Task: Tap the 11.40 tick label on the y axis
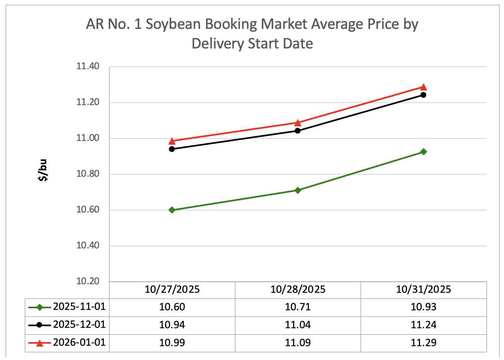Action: click(x=88, y=67)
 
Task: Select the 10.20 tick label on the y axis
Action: click(x=88, y=282)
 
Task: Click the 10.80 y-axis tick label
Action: click(x=88, y=174)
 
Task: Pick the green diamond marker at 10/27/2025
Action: click(x=172, y=210)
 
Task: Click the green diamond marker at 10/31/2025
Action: click(x=423, y=152)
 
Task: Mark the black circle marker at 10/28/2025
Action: click(x=298, y=131)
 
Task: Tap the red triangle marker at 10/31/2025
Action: click(x=423, y=87)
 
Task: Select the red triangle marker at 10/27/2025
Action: click(x=172, y=141)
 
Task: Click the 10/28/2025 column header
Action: click(x=298, y=290)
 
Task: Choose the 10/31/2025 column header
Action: click(x=423, y=290)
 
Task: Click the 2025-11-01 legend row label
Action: click(x=79, y=307)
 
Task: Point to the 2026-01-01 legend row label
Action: click(x=79, y=342)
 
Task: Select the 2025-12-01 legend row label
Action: click(x=79, y=325)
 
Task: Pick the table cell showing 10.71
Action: click(x=298, y=307)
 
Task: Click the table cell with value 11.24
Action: click(x=423, y=325)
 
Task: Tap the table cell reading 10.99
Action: click(x=172, y=343)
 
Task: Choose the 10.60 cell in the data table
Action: click(x=172, y=307)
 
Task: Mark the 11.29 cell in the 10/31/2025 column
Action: click(x=423, y=343)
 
